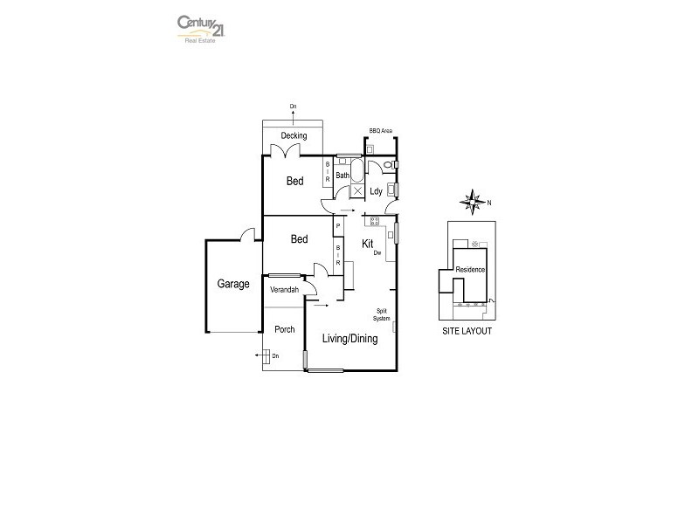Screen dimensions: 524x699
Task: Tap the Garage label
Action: click(x=233, y=284)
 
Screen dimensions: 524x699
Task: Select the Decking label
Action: click(x=294, y=135)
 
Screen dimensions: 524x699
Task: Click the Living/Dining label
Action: click(x=349, y=339)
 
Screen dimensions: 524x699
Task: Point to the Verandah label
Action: click(x=284, y=289)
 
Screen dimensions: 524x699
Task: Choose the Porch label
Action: click(x=284, y=329)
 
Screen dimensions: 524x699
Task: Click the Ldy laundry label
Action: click(x=376, y=190)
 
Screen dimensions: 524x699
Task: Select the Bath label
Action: click(x=343, y=176)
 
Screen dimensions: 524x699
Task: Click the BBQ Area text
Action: click(x=381, y=130)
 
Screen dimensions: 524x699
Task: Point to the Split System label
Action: click(x=382, y=314)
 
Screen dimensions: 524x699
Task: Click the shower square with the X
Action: click(x=356, y=190)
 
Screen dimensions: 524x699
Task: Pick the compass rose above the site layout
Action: click(x=473, y=202)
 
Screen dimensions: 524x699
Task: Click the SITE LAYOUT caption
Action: click(x=467, y=332)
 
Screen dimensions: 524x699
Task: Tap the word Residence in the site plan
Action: click(x=469, y=270)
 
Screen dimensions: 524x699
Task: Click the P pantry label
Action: click(x=338, y=225)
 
